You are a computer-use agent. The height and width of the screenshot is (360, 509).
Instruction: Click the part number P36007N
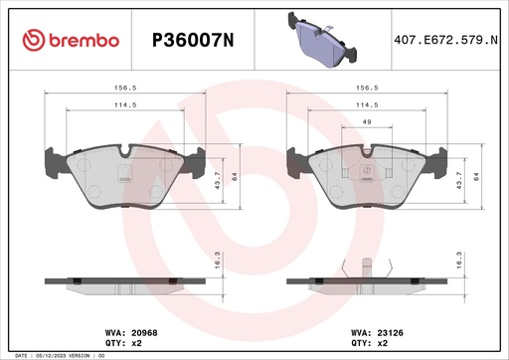click(x=192, y=40)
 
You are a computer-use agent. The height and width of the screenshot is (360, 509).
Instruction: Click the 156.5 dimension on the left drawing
click(x=124, y=86)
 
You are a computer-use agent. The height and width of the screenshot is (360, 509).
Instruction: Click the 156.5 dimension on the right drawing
click(x=365, y=86)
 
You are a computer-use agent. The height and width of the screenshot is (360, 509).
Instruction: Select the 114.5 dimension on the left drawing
click(x=124, y=104)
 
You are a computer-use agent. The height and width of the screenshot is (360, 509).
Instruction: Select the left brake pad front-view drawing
click(x=124, y=177)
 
